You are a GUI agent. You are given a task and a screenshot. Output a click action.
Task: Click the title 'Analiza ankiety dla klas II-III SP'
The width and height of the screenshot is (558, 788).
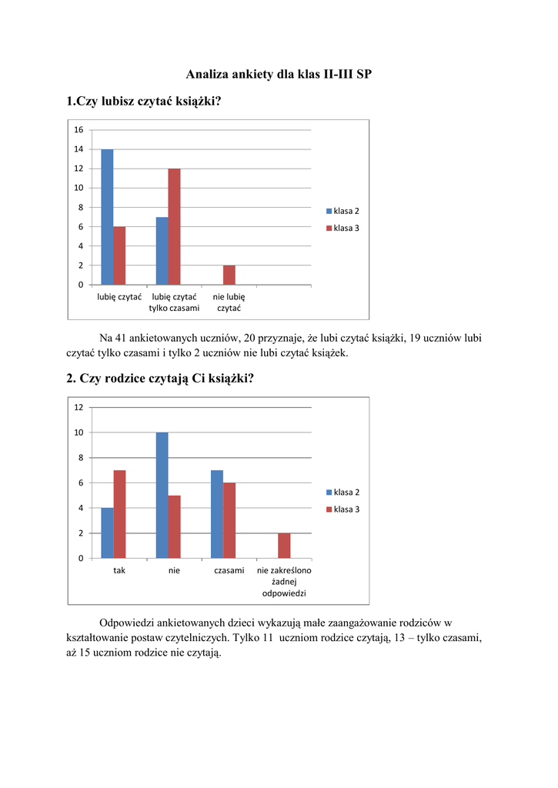point(279,75)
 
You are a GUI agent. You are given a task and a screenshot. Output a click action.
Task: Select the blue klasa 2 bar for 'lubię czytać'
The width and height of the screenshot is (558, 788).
point(107,217)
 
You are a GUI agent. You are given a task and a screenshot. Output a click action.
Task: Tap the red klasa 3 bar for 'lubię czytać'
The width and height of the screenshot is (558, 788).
point(119,255)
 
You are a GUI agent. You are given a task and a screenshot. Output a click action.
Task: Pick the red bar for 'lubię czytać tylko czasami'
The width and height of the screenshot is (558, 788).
point(174,226)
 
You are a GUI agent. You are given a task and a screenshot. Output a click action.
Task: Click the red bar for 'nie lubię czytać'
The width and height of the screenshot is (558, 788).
point(229,275)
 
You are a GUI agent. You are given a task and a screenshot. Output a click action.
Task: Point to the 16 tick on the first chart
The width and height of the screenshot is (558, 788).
point(79,129)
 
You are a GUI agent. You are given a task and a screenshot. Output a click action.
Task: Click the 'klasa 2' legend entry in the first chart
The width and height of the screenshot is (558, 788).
point(342,211)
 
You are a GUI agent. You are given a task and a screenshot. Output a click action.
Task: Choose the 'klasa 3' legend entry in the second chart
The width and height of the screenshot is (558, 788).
point(342,509)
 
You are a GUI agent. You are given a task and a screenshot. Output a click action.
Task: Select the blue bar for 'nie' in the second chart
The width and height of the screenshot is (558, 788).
point(162,495)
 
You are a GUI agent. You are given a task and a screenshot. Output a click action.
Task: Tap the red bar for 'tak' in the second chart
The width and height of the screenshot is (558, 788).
point(119,513)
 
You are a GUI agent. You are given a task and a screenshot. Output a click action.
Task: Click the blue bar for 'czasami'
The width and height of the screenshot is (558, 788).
point(217,513)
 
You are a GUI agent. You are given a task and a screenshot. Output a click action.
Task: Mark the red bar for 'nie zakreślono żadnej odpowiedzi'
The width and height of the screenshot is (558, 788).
point(284,545)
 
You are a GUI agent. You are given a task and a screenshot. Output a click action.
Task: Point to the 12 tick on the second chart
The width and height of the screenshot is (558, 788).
point(79,407)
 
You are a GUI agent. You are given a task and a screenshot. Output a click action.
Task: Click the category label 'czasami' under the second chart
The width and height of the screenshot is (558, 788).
point(229,570)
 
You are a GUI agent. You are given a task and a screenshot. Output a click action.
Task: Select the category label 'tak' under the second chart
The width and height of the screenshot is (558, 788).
point(119,570)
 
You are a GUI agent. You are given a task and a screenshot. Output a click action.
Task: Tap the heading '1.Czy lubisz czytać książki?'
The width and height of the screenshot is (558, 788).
point(144,102)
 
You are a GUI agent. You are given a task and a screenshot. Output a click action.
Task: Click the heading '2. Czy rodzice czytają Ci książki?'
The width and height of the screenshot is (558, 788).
point(159,379)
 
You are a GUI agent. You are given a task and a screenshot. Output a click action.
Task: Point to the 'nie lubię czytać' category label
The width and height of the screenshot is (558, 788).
point(229,302)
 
